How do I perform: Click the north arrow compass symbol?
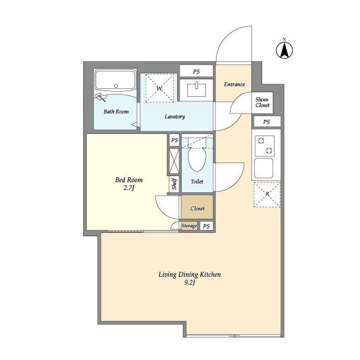tap(284, 50)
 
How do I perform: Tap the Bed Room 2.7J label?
tap(129, 184)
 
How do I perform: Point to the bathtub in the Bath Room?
tap(115, 81)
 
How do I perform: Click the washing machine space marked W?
tap(160, 88)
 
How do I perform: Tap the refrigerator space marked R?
tap(267, 195)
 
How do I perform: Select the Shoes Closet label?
tap(262, 102)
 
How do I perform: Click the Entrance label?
tap(234, 84)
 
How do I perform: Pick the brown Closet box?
tap(197, 208)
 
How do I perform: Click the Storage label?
tap(189, 226)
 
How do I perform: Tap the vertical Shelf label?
tap(174, 184)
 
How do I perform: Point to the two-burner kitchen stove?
tap(265, 146)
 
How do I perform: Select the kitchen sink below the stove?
tap(264, 168)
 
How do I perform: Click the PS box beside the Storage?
tap(206, 226)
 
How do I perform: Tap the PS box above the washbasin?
tap(196, 71)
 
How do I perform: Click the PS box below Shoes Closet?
tap(267, 121)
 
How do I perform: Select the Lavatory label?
tap(175, 116)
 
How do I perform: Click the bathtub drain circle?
tap(116, 86)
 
